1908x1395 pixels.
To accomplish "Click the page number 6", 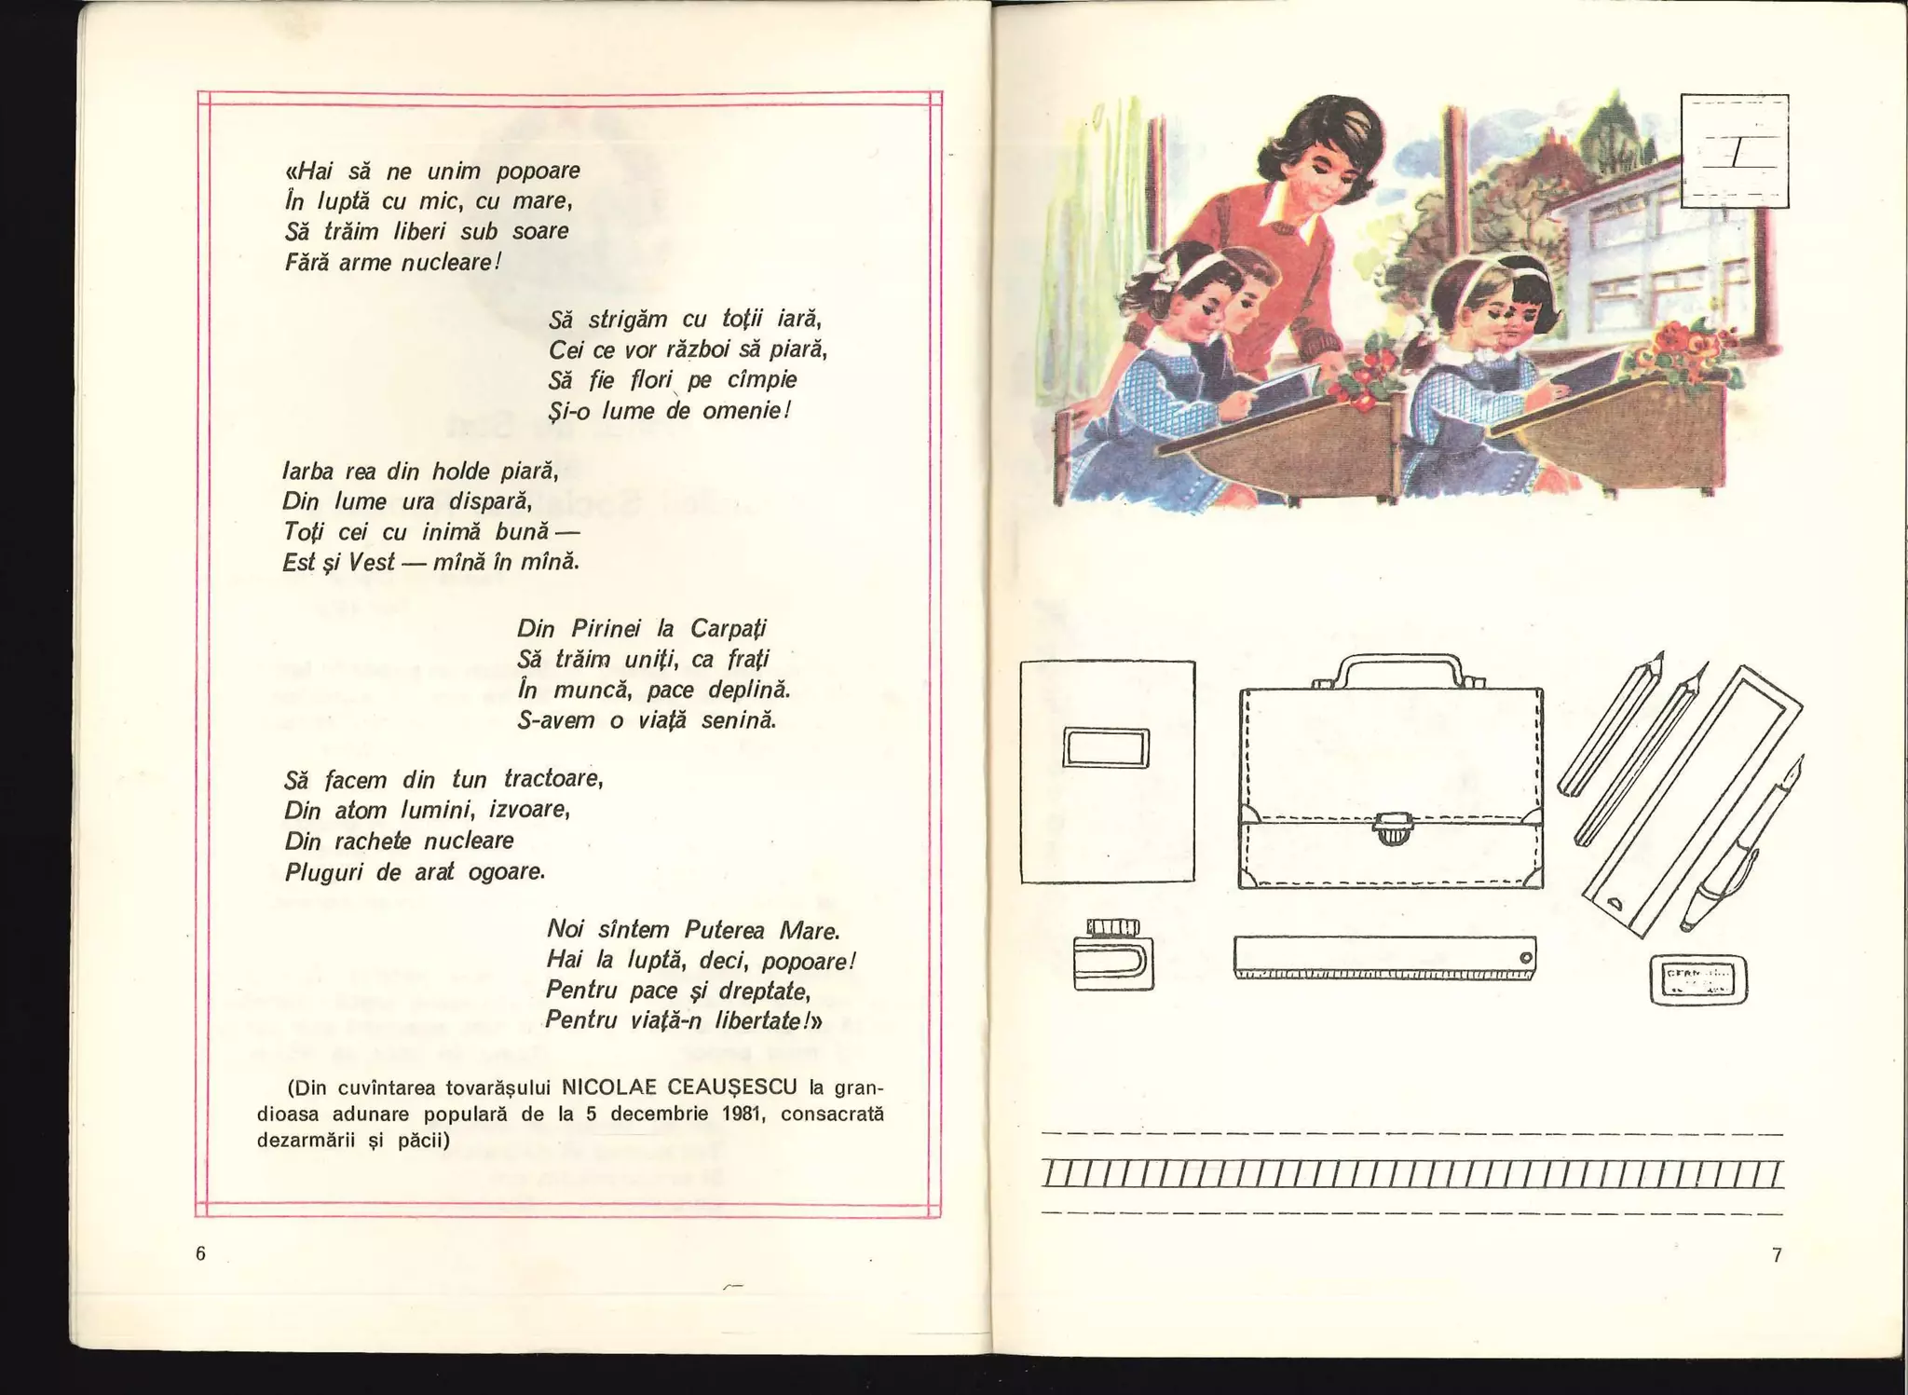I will tap(200, 1253).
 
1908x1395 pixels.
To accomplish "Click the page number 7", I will tap(1777, 1255).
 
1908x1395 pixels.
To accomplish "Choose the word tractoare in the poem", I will tap(553, 778).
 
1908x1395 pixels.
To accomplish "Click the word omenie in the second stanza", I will tap(744, 410).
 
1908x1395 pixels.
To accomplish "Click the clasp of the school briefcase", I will tap(1391, 827).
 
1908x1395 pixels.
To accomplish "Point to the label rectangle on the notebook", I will tap(1106, 747).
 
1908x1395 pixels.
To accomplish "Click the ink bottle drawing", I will tap(1112, 956).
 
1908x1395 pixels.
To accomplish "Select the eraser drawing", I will tap(1698, 979).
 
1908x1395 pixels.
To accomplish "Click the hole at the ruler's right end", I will tap(1525, 957).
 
